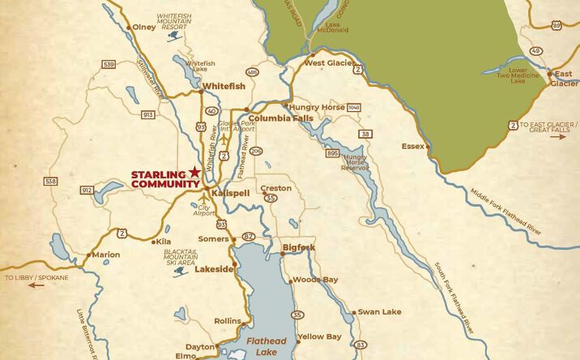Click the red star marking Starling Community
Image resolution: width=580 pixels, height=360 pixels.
[194, 173]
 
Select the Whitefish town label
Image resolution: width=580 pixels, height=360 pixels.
[223, 86]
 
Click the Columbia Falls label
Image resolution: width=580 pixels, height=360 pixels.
[281, 118]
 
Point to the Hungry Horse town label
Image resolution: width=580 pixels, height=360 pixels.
[317, 105]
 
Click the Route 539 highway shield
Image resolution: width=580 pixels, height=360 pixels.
[109, 63]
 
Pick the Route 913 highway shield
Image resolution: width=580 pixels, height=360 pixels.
[147, 115]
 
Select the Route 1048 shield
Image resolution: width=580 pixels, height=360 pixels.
[353, 107]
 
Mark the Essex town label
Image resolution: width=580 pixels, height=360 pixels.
[413, 146]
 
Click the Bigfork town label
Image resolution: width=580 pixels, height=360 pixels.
[299, 247]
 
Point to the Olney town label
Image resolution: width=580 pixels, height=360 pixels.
[143, 27]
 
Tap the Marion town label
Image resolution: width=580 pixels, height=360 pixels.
[106, 255]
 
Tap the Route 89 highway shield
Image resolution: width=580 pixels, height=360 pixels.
[557, 26]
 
